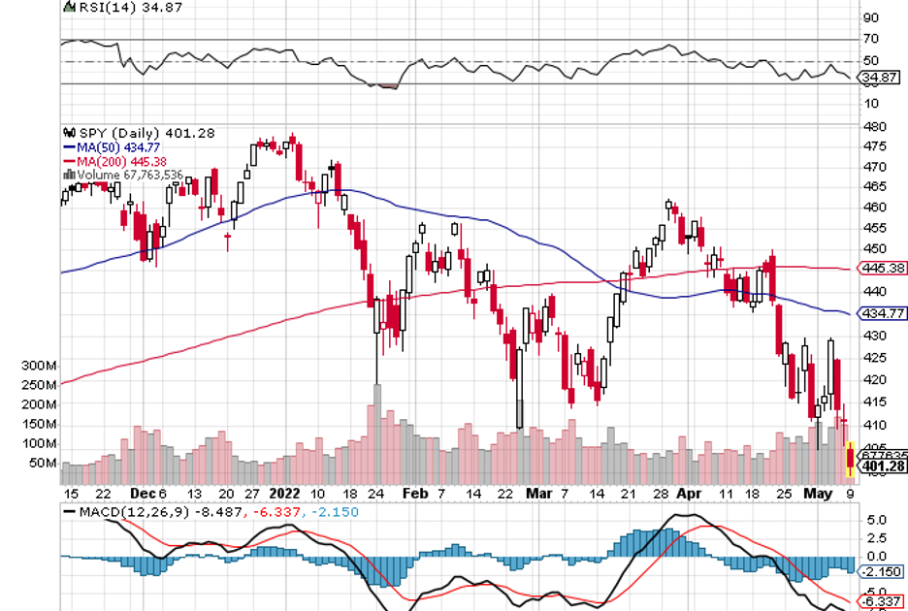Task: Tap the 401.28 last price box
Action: (x=884, y=466)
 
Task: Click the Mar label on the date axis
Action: (x=536, y=492)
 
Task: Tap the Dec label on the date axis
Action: (x=139, y=492)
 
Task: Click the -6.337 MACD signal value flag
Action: (x=883, y=601)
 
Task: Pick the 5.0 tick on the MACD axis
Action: (x=875, y=520)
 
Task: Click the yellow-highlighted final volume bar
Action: (x=851, y=462)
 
